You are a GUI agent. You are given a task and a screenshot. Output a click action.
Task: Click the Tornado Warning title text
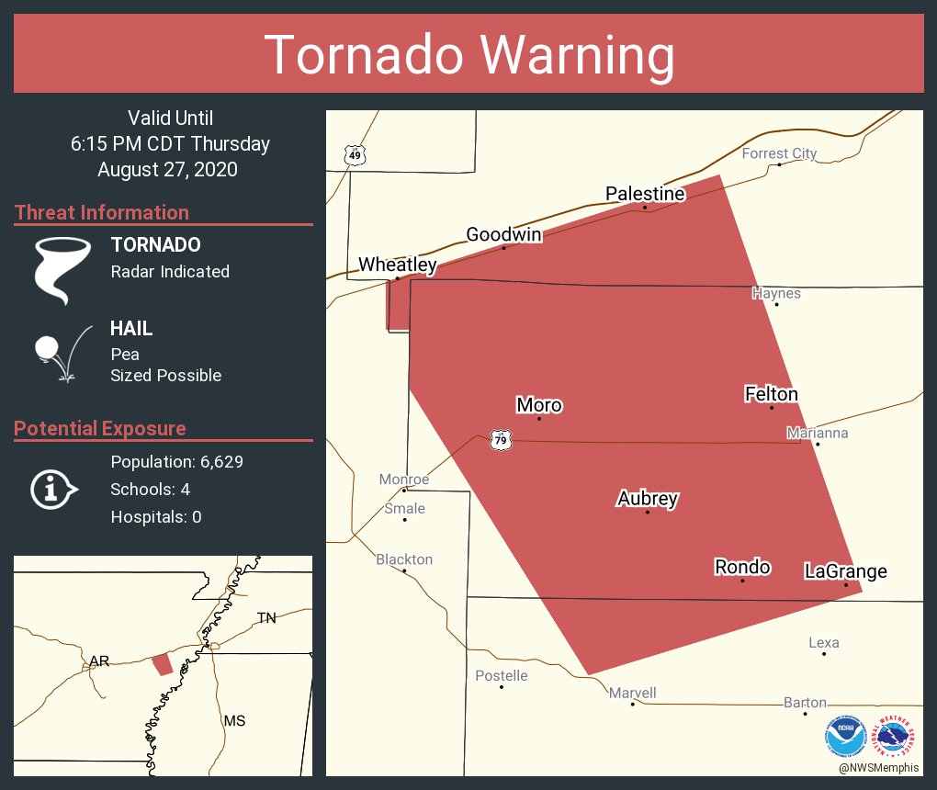click(468, 55)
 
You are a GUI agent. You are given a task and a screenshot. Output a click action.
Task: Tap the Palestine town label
click(645, 194)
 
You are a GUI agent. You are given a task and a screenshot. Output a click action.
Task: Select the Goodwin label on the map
click(503, 234)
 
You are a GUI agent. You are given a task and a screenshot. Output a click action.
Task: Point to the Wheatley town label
click(397, 265)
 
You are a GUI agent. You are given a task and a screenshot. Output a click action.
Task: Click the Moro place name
click(539, 405)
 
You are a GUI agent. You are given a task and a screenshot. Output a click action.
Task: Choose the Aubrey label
click(648, 499)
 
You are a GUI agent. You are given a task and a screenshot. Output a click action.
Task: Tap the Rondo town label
click(742, 568)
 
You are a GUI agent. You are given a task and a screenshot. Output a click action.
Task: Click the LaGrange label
click(845, 571)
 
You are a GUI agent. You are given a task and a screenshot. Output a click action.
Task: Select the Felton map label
click(771, 394)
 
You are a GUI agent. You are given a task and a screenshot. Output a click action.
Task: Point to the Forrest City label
click(779, 153)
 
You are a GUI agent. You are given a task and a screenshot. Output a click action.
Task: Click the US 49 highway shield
click(355, 155)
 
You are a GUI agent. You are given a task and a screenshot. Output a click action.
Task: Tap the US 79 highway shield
click(500, 441)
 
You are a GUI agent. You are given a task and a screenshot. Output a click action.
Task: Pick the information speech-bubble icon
click(53, 489)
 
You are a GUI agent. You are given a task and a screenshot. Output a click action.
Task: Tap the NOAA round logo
click(845, 737)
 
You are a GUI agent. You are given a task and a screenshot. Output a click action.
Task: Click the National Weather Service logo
click(897, 737)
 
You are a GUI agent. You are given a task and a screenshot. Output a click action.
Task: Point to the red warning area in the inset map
click(162, 664)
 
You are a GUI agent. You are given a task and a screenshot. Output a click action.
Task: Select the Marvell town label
click(633, 694)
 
